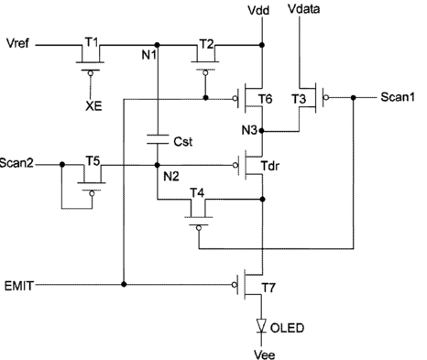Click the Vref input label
tap(17, 43)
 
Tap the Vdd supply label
tap(258, 10)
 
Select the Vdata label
tap(304, 9)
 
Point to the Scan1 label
tap(398, 97)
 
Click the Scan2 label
tap(16, 163)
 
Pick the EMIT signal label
tap(18, 286)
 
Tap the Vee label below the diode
tap(265, 355)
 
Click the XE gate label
tap(93, 106)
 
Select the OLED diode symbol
tap(261, 325)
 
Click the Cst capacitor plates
tap(158, 139)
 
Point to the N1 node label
tap(148, 55)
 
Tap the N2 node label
tap(171, 176)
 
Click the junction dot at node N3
tap(261, 131)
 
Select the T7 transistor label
tap(268, 288)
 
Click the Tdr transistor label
tap(270, 166)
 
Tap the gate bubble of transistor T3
tap(326, 97)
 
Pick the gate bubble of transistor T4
tap(199, 228)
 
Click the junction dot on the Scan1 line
tap(354, 98)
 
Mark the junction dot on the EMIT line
tap(124, 284)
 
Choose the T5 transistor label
tap(93, 160)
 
